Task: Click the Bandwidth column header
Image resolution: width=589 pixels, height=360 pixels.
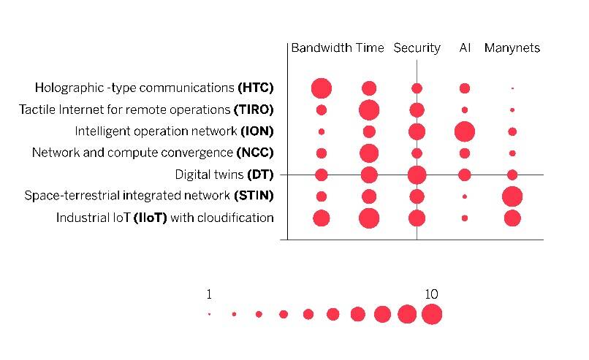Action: pyautogui.click(x=322, y=48)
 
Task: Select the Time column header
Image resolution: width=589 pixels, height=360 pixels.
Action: pyautogui.click(x=370, y=48)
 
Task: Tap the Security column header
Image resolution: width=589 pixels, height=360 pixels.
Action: pyautogui.click(x=417, y=48)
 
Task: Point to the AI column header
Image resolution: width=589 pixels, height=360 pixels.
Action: pyautogui.click(x=465, y=48)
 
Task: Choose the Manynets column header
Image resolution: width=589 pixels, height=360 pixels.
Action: pyautogui.click(x=512, y=48)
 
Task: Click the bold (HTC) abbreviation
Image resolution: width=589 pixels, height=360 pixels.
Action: pyautogui.click(x=256, y=88)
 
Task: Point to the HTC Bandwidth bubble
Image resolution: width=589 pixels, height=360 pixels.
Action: pyautogui.click(x=322, y=88)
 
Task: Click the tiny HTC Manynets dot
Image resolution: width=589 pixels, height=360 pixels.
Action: pyautogui.click(x=512, y=88)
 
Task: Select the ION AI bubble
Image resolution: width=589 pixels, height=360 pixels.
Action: pyautogui.click(x=465, y=132)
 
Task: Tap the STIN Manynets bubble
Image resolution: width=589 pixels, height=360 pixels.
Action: pyautogui.click(x=512, y=196)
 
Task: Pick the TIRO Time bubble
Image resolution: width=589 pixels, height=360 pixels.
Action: pyautogui.click(x=369, y=110)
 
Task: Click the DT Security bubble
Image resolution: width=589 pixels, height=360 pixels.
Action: pyautogui.click(x=417, y=175)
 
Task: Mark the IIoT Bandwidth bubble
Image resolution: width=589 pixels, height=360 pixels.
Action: pyautogui.click(x=322, y=218)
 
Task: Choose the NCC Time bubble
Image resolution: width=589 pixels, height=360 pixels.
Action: pyautogui.click(x=369, y=153)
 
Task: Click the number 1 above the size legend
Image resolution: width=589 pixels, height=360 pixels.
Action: pyautogui.click(x=209, y=294)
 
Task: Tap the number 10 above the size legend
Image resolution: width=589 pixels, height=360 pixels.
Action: pyautogui.click(x=431, y=294)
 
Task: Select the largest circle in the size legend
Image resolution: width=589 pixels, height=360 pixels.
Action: pyautogui.click(x=432, y=314)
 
